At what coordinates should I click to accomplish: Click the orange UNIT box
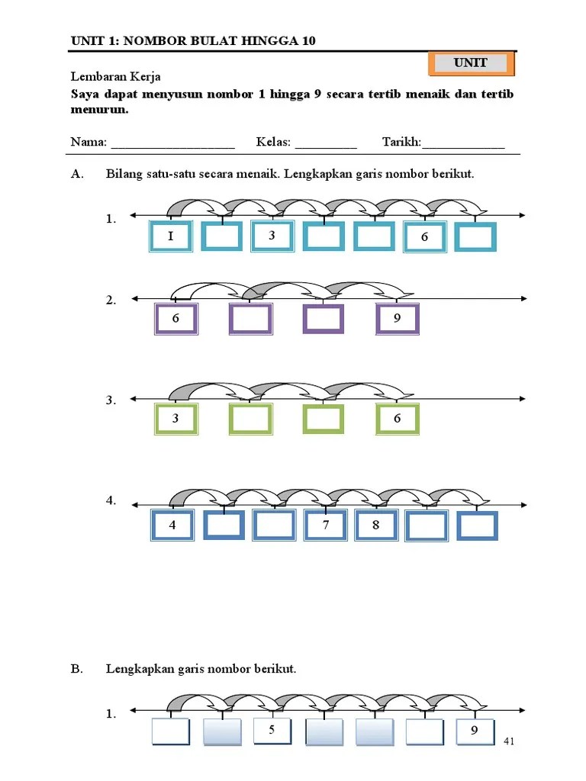tap(471, 63)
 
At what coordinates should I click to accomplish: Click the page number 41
tap(510, 741)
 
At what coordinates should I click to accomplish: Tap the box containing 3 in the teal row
tap(272, 236)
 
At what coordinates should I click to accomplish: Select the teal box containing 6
tap(424, 237)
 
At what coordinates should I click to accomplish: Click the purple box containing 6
tap(175, 319)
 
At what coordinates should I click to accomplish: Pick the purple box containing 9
tap(397, 319)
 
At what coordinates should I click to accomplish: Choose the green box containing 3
tap(175, 419)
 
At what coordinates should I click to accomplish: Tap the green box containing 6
tap(397, 419)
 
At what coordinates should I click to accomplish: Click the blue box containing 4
tap(172, 525)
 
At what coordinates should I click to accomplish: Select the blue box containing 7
tap(325, 525)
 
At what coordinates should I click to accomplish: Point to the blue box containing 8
tap(375, 525)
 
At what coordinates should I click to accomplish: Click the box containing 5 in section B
tap(272, 731)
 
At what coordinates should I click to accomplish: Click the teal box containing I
tap(170, 236)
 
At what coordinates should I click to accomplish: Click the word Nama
tap(89, 143)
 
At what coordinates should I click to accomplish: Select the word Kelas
tap(273, 143)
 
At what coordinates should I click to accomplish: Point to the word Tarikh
tap(401, 143)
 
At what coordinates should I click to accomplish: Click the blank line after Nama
tap(173, 145)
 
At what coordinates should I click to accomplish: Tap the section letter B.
tap(76, 669)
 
